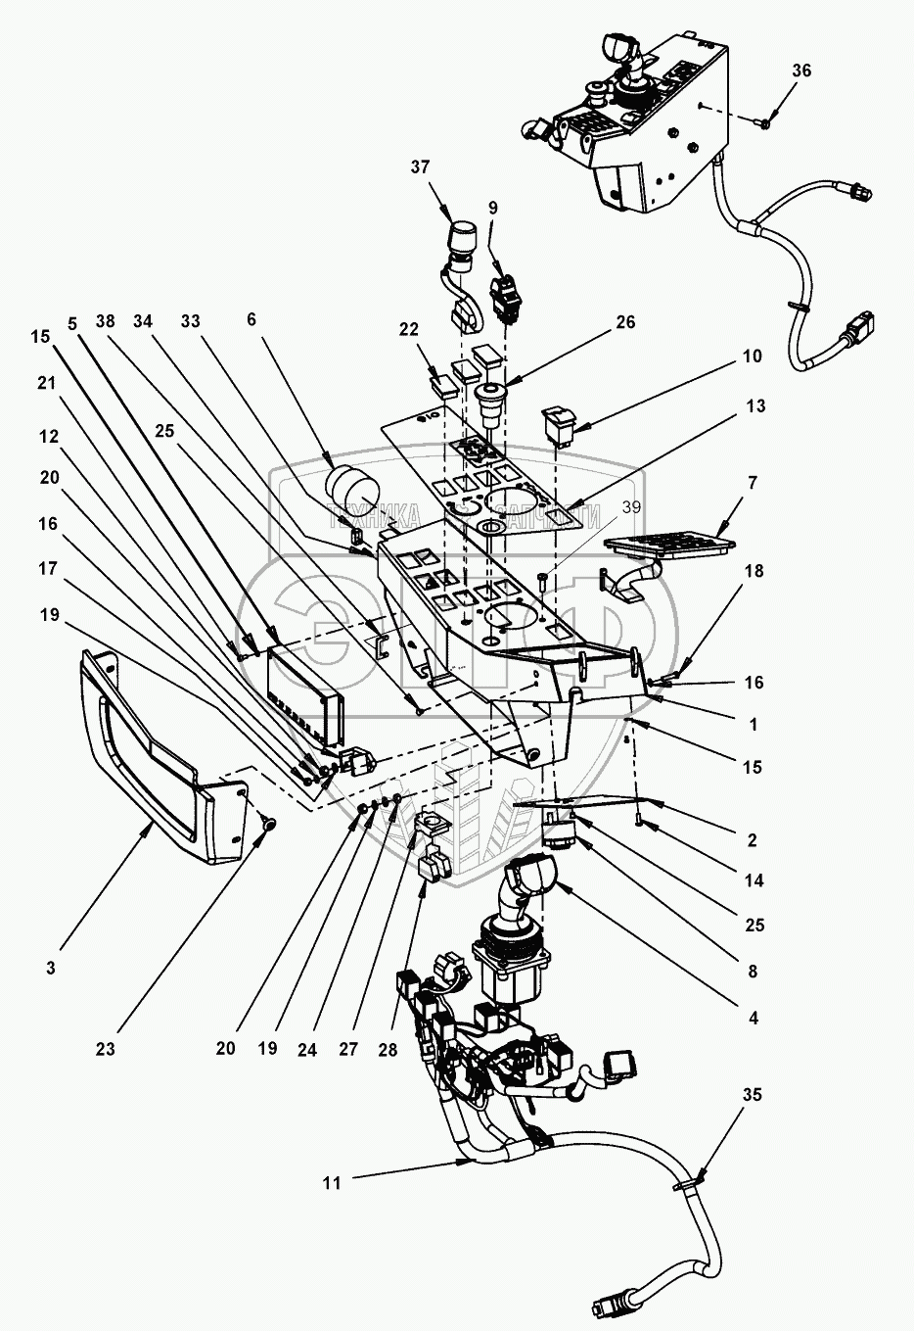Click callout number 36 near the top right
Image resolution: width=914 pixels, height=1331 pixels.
pos(801,71)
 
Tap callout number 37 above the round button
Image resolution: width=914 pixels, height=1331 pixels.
pos(421,167)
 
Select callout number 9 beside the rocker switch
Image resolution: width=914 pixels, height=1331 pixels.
pos(492,208)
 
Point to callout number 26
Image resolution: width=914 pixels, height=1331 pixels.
pos(624,322)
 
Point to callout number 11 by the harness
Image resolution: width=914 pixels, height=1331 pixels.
pos(332,1183)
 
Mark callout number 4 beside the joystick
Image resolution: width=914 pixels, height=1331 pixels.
pos(753,1018)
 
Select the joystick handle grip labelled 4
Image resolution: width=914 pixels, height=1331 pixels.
pos(527,877)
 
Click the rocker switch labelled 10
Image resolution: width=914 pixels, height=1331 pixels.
pos(561,424)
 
